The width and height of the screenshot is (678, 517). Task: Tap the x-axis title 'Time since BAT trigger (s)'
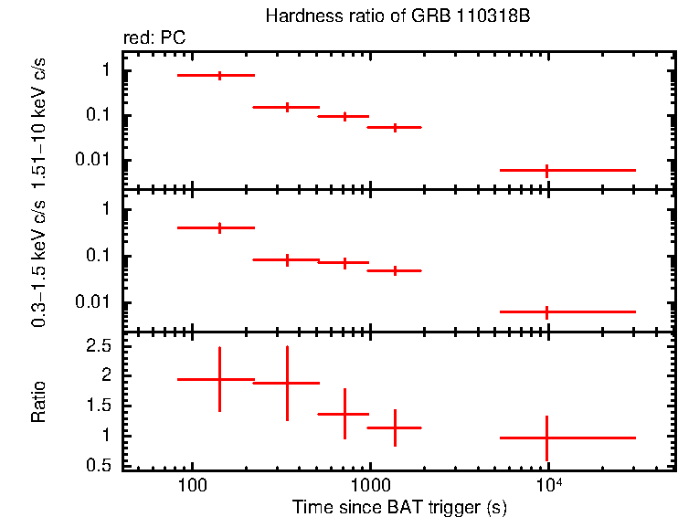pos(399,506)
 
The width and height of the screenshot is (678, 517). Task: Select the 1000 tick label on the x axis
pos(369,484)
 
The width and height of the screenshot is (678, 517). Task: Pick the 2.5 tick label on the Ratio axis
pos(101,346)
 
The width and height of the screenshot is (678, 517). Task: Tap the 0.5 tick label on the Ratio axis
pos(101,465)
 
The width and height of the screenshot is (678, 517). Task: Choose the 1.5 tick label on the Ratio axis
pos(101,406)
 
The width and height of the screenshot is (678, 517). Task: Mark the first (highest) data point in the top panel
pos(219,75)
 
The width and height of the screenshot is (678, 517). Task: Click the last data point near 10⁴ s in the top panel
pos(546,170)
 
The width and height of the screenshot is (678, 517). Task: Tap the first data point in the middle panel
pos(219,227)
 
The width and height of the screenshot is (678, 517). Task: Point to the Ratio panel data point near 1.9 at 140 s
pos(219,379)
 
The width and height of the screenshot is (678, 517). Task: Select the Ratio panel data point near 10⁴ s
pos(546,438)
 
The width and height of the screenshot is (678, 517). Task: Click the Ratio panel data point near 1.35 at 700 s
pos(344,414)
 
